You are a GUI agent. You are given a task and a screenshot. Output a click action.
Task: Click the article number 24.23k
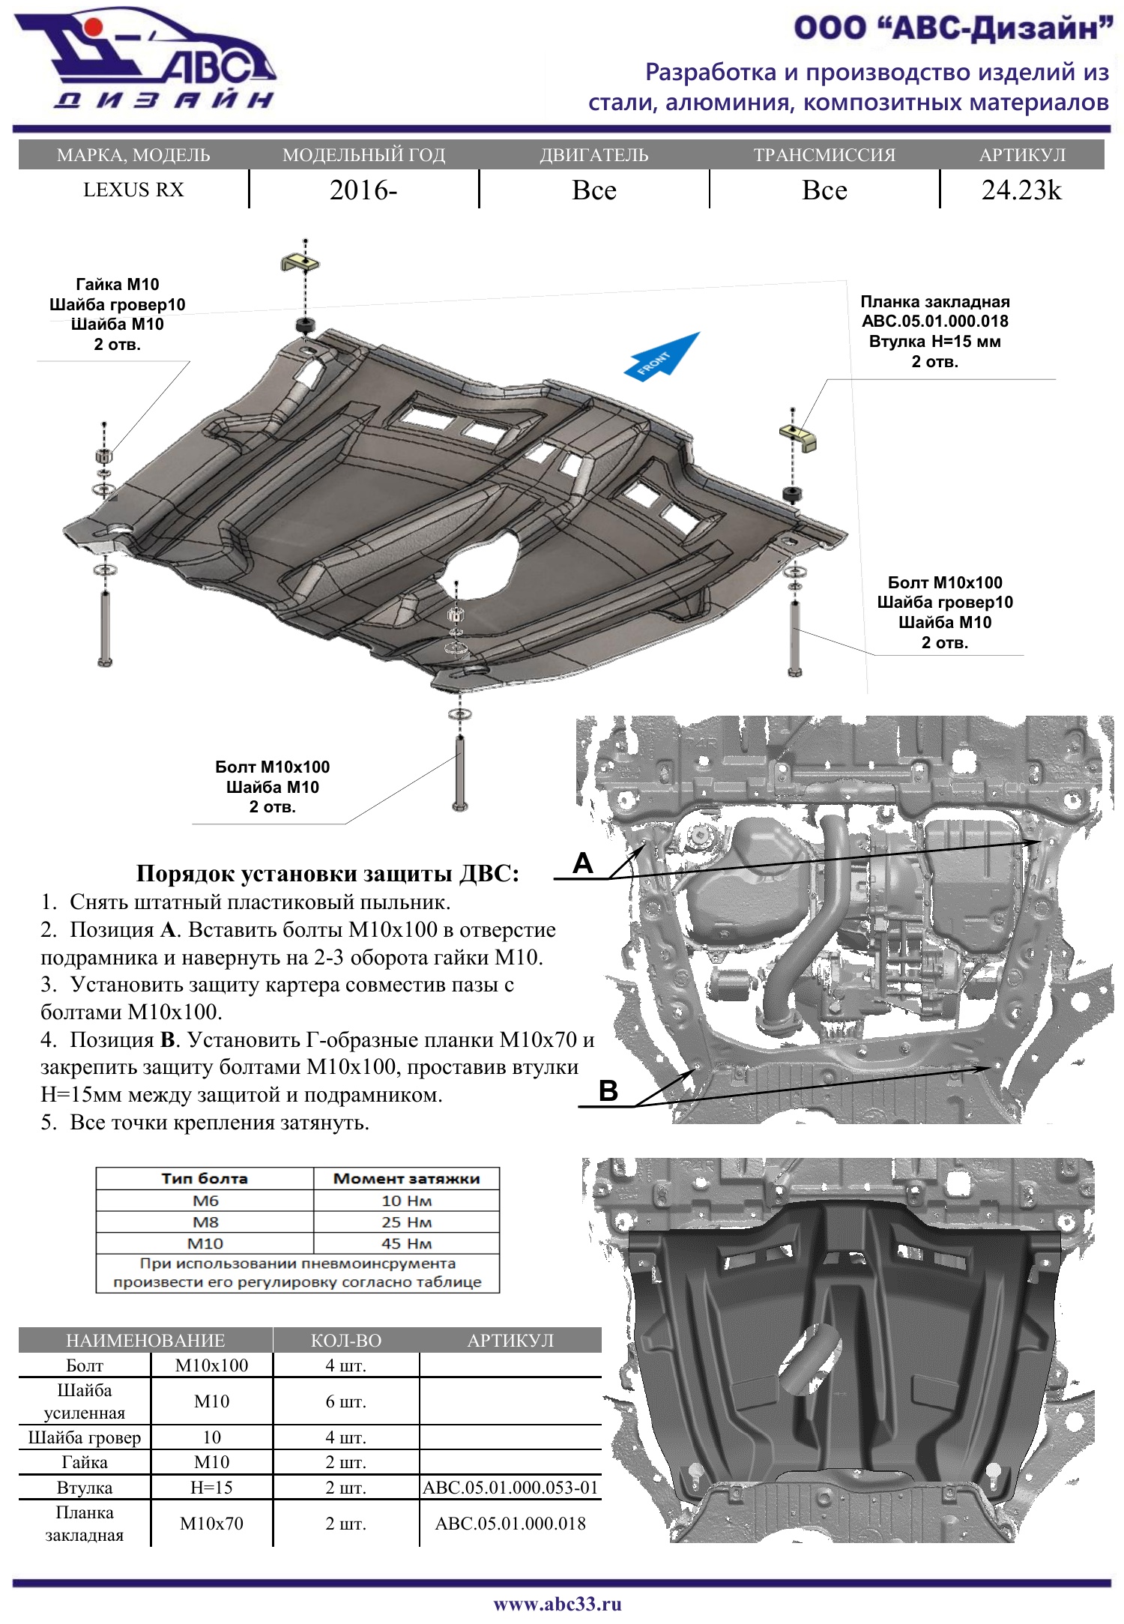tap(1021, 190)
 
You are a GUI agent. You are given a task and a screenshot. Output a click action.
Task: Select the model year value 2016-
tap(363, 190)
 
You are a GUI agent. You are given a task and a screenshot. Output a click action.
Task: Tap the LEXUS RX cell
tap(133, 190)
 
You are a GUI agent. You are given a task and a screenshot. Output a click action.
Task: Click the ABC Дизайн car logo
tap(146, 60)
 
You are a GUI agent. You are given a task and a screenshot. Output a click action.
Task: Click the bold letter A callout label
tap(583, 863)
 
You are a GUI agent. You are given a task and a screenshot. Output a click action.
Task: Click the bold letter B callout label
tap(608, 1090)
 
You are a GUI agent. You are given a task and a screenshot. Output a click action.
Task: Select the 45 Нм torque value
tap(406, 1243)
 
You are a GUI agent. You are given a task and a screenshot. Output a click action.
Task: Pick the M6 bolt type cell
tap(205, 1201)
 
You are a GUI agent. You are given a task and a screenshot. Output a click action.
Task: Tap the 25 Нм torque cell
tap(406, 1222)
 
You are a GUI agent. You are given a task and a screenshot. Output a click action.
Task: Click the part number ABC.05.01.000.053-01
tap(510, 1488)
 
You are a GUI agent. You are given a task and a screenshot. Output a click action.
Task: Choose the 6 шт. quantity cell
tap(345, 1401)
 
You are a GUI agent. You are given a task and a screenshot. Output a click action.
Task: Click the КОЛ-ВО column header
tap(345, 1341)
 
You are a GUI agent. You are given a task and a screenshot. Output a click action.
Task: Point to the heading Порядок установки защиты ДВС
tap(327, 874)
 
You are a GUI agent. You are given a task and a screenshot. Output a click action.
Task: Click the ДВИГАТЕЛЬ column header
tap(593, 155)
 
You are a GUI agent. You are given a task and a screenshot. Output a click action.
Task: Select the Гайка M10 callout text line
tap(118, 285)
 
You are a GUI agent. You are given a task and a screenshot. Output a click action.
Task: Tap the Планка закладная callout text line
tap(934, 302)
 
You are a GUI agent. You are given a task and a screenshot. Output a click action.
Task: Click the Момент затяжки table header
tap(406, 1179)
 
